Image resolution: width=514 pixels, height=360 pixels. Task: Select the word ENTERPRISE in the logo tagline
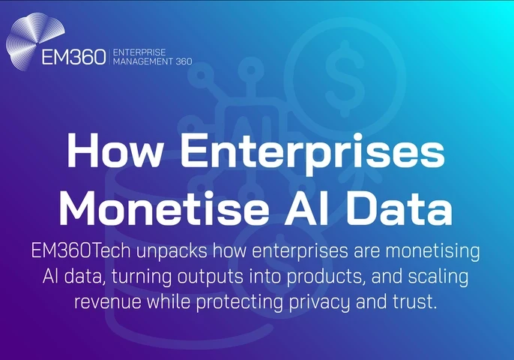139,52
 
